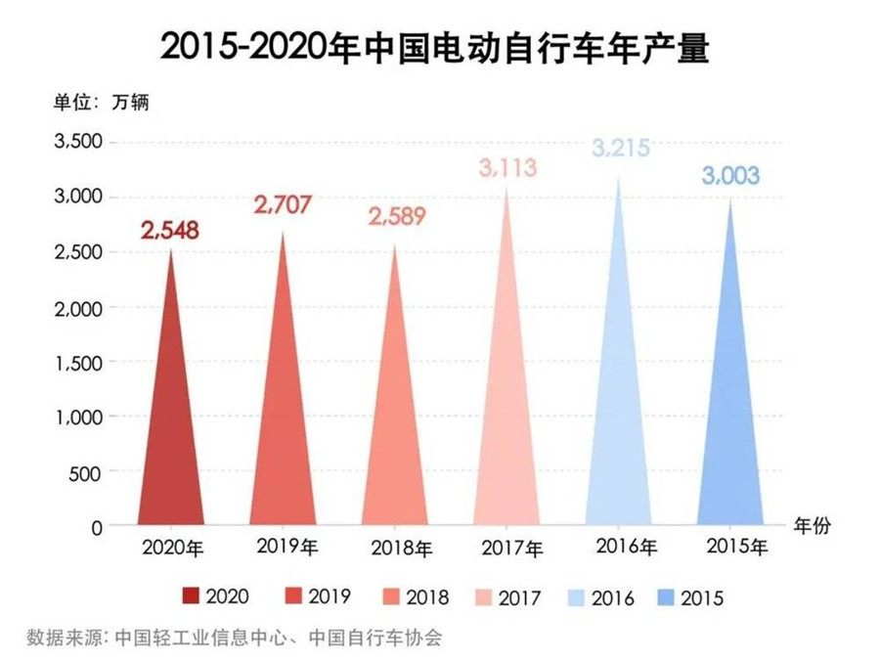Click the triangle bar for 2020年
pyautogui.click(x=171, y=430)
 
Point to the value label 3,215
pyautogui.click(x=620, y=151)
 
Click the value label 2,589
pyautogui.click(x=396, y=216)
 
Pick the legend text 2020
pyautogui.click(x=227, y=596)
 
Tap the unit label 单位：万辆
pyautogui.click(x=100, y=102)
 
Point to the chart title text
pyautogui.click(x=439, y=47)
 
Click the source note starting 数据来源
pyautogui.click(x=236, y=638)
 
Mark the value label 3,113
pyautogui.click(x=508, y=168)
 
